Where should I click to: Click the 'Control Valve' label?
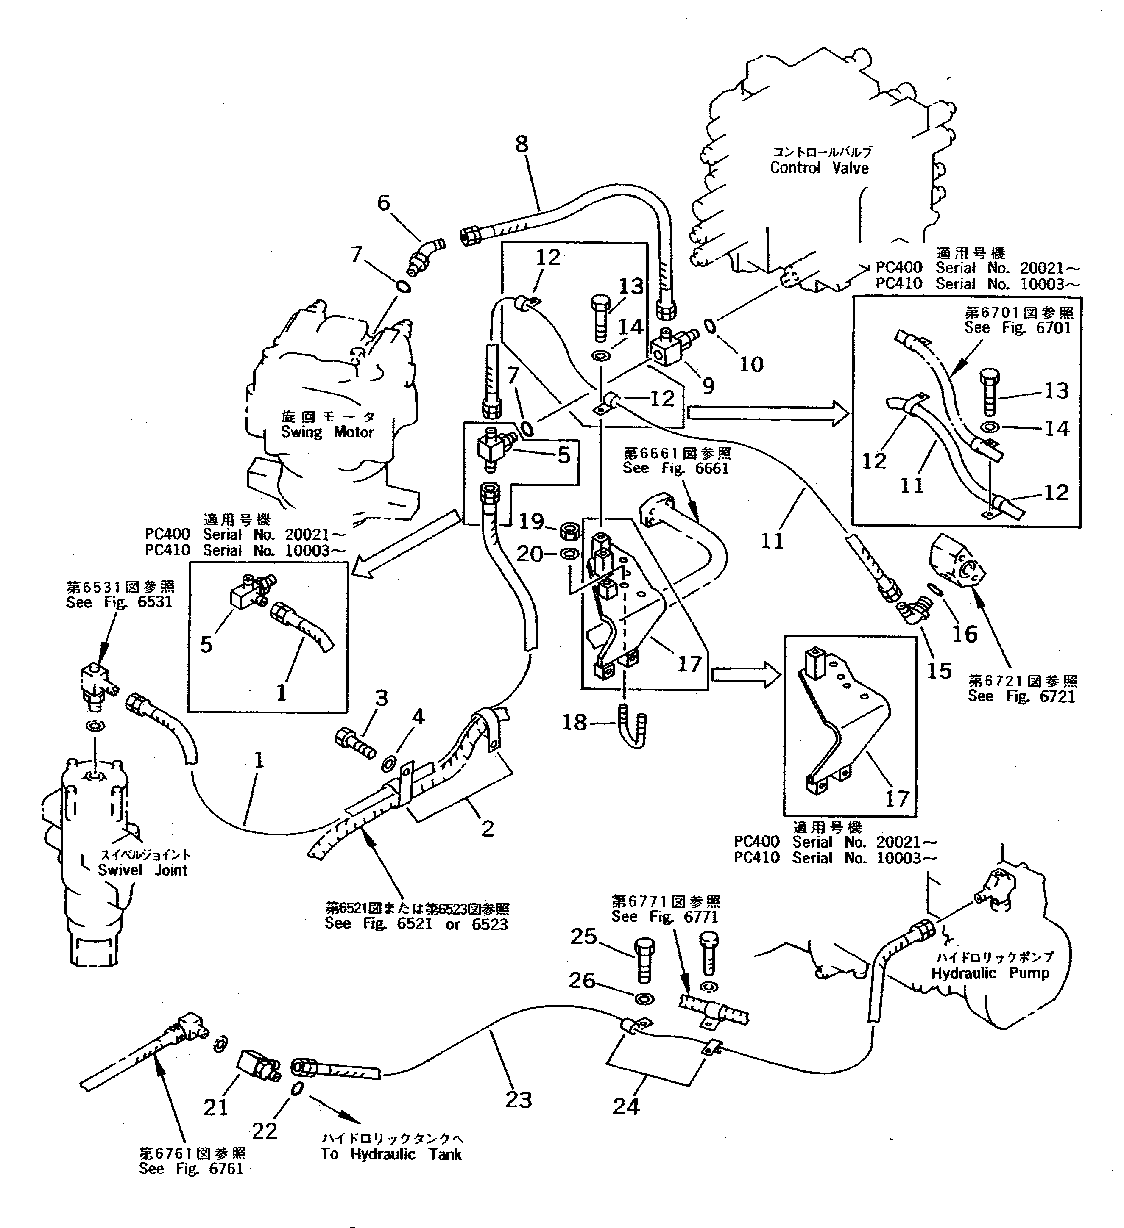(819, 168)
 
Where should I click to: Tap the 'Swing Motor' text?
(327, 432)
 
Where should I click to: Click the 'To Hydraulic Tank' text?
(391, 1154)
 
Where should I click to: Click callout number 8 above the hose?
(522, 144)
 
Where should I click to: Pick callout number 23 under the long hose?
(518, 1100)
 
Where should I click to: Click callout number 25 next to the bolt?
(583, 936)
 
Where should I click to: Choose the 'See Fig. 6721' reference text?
(1021, 696)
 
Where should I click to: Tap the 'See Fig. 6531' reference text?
(120, 602)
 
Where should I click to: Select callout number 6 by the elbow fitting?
(383, 203)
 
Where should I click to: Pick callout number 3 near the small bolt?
(382, 698)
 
